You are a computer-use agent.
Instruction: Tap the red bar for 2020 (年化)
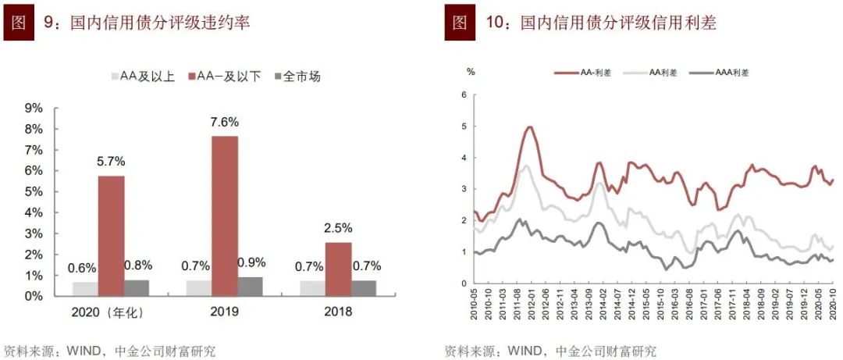(112, 235)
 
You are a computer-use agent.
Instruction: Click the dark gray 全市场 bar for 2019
(251, 286)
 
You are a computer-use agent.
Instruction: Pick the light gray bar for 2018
(313, 288)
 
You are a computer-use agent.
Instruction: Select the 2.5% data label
(338, 228)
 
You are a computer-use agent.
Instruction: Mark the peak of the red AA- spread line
(530, 127)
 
